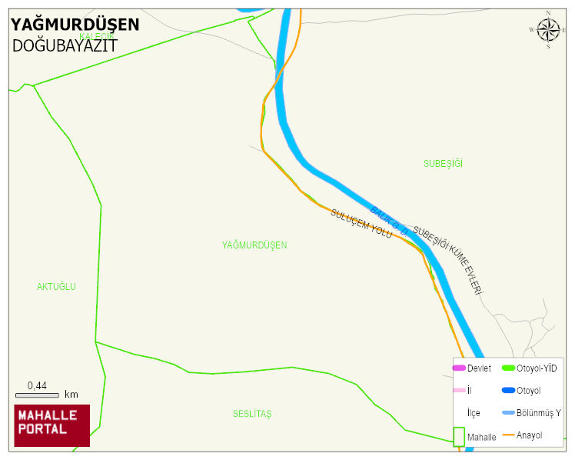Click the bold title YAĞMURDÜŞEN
coord(75,25)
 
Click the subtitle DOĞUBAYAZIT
coord(65,45)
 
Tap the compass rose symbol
coord(548,30)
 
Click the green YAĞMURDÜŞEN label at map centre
coord(254,245)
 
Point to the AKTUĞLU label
coord(56,286)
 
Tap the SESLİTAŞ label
coord(252,414)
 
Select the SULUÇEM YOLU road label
coord(361,223)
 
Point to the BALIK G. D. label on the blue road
coord(388,220)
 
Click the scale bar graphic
coord(37,395)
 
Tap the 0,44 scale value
coord(37,385)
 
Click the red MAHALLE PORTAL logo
coord(52,425)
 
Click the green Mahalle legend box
coord(459,436)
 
